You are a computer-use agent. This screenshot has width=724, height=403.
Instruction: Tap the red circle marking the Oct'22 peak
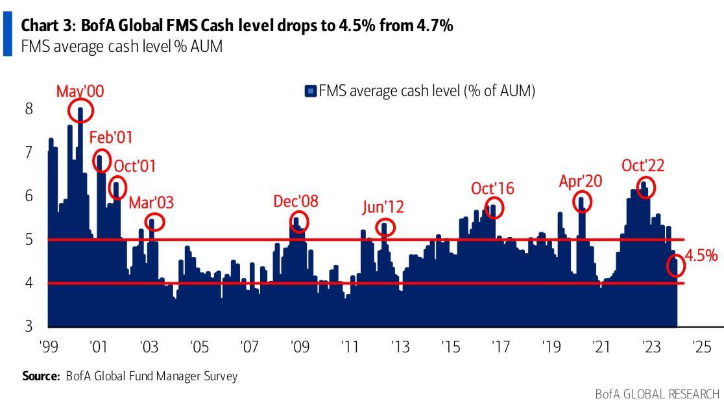tap(646, 187)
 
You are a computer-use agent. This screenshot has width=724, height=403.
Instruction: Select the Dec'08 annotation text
tap(296, 201)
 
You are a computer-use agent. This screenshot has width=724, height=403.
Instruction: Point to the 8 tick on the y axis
tap(29, 108)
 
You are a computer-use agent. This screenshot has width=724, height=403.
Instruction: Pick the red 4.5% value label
tap(701, 255)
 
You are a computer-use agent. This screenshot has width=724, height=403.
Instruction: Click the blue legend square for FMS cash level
tap(310, 91)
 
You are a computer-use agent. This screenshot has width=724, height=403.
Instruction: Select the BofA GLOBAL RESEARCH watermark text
tap(657, 394)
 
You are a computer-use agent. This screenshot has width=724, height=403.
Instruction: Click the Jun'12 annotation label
tap(383, 207)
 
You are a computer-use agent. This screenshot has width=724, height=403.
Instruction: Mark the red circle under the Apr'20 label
tap(582, 201)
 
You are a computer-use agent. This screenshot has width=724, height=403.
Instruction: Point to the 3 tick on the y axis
tap(29, 326)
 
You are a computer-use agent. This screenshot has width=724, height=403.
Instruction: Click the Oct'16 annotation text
tap(492, 188)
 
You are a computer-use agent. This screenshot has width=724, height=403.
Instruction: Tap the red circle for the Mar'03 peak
tap(154, 223)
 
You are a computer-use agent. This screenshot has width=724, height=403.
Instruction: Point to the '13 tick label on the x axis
tap(400, 346)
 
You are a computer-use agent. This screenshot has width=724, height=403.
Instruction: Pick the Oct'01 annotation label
tap(134, 165)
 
